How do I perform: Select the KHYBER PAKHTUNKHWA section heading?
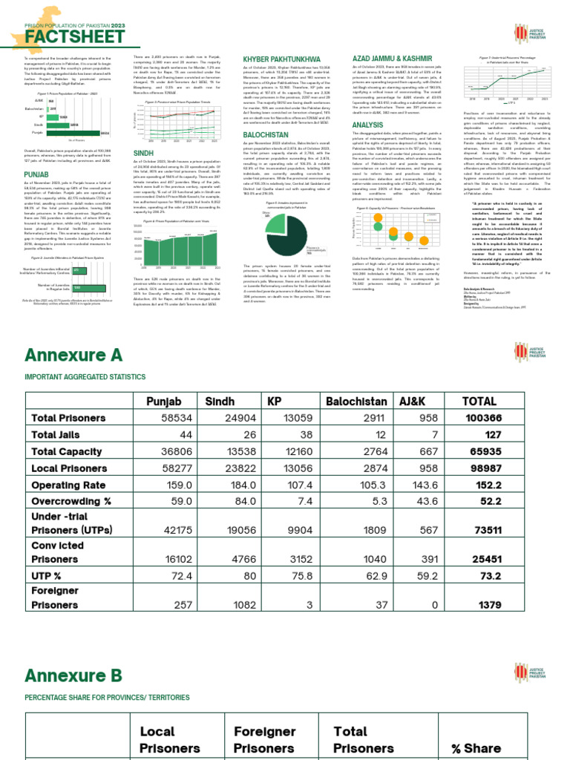click(282, 59)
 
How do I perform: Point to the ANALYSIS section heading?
click(367, 125)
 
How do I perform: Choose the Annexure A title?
click(73, 355)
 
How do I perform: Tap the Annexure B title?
click(73, 675)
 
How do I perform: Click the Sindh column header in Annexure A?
click(220, 402)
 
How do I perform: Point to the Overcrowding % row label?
click(71, 501)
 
